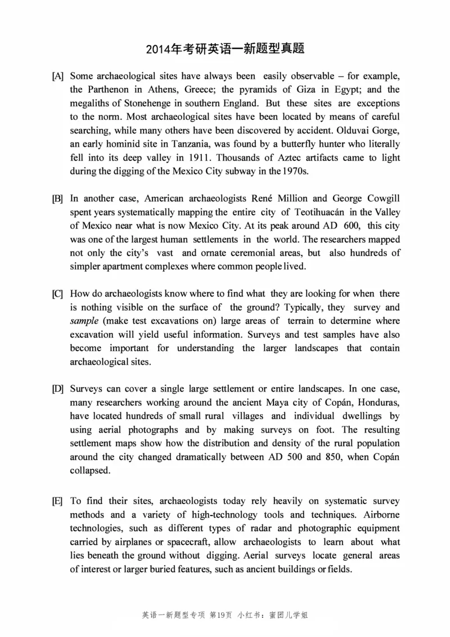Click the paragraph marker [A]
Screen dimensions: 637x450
pos(57,76)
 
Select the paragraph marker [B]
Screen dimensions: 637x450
pos(57,199)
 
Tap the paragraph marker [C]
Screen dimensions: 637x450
pos(57,294)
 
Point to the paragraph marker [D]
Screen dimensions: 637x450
pos(57,389)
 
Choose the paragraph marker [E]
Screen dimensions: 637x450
pos(57,501)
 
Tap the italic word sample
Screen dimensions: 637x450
pos(84,321)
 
